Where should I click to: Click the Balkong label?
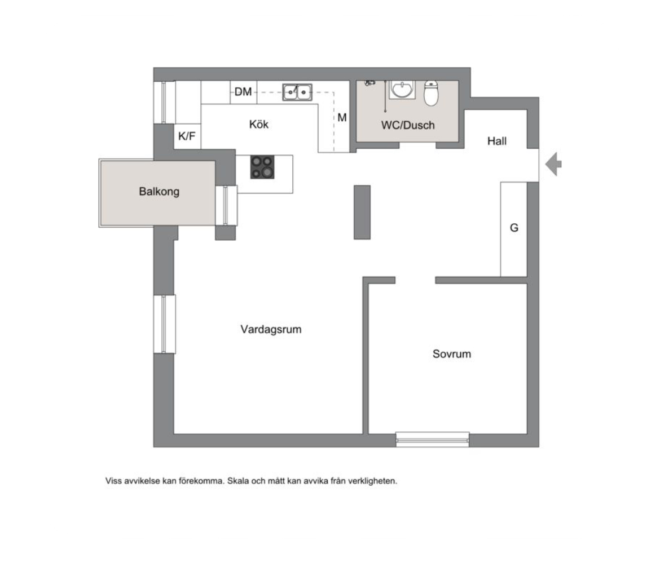coord(159,192)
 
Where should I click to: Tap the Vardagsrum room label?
coord(271,329)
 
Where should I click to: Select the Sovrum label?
coord(452,354)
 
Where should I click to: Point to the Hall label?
coord(496,141)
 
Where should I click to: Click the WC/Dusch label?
coord(408,125)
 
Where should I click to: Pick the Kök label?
coord(259,124)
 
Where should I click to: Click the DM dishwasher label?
coord(243,91)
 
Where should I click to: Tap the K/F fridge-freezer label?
coord(187,136)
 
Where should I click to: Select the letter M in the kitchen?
coord(342,117)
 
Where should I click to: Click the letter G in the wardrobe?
coord(514,228)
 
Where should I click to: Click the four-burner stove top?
coord(262,167)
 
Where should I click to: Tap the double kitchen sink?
coord(297,92)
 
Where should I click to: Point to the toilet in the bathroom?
coord(431,92)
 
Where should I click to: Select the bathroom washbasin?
coord(403,90)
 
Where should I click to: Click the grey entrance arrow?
coord(553,164)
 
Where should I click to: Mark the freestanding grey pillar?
coord(362,212)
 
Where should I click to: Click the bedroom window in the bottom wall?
coord(432,440)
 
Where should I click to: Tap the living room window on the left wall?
coord(165,324)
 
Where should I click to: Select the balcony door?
coord(226,206)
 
